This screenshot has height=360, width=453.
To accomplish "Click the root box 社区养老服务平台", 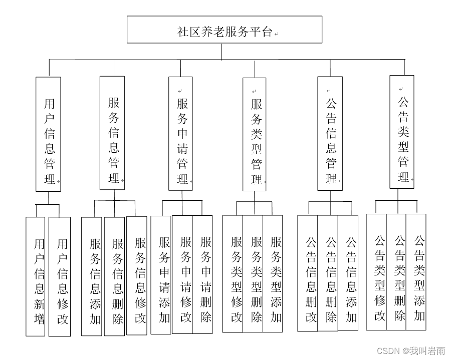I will tap(224, 30).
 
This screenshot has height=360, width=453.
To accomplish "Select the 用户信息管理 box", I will tap(48, 134).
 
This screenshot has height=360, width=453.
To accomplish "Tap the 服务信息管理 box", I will tap(112, 133).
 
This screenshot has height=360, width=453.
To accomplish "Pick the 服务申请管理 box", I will tap(180, 134).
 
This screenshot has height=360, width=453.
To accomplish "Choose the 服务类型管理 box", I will tap(255, 134).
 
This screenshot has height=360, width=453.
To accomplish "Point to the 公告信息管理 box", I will tap(330, 134).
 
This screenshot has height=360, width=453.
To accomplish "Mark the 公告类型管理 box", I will tap(402, 132).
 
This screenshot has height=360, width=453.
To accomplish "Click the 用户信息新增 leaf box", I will tap(36, 276).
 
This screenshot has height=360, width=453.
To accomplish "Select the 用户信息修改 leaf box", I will tap(60, 276).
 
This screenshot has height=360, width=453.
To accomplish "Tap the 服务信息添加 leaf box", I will tap(92, 276).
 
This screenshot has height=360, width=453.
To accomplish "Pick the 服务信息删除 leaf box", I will tap(115, 276).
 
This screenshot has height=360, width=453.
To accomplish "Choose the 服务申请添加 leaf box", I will tap(161, 275).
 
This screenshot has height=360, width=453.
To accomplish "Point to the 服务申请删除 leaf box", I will tap(202, 275).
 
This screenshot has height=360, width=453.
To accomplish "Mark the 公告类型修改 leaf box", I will tap(376, 272).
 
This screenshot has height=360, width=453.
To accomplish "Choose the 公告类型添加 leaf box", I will tap(416, 272).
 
